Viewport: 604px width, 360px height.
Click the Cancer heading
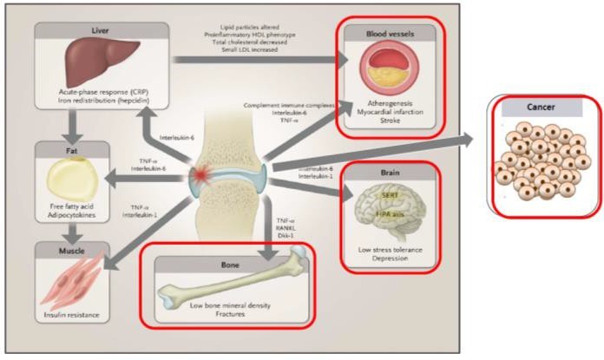tap(541, 108)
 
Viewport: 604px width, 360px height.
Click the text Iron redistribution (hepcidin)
tap(97, 101)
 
